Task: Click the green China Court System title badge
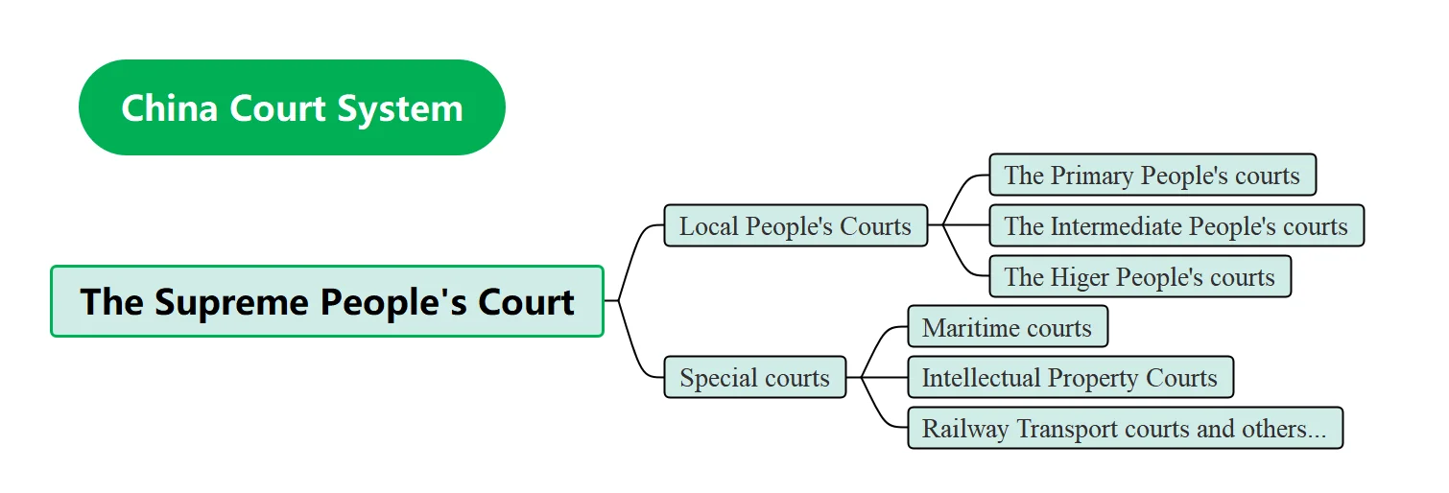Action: pyautogui.click(x=292, y=107)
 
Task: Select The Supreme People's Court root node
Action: pyautogui.click(x=327, y=301)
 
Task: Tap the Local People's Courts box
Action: pyautogui.click(x=796, y=226)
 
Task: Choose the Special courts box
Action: pyautogui.click(x=754, y=378)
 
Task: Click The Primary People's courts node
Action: pyautogui.click(x=1152, y=176)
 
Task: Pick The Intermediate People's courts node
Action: pyautogui.click(x=1176, y=226)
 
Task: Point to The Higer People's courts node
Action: pyautogui.click(x=1139, y=277)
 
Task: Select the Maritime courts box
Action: pyautogui.click(x=1007, y=328)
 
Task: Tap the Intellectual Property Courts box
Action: pyautogui.click(x=1069, y=378)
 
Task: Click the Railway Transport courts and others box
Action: pyautogui.click(x=1124, y=429)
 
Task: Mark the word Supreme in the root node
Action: pyautogui.click(x=230, y=301)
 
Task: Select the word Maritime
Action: pyautogui.click(x=968, y=328)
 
